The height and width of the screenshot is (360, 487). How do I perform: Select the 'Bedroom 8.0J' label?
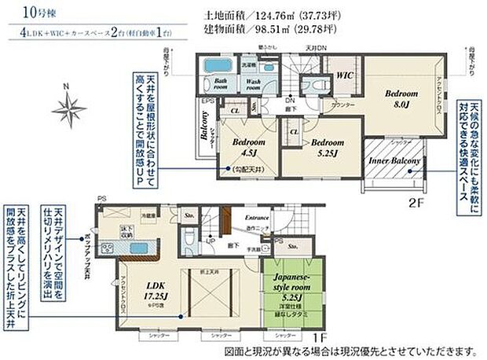coord(397,98)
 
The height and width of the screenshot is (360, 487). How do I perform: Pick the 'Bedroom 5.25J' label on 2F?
coord(323,148)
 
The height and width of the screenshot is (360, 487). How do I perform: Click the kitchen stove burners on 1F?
coord(106,249)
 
